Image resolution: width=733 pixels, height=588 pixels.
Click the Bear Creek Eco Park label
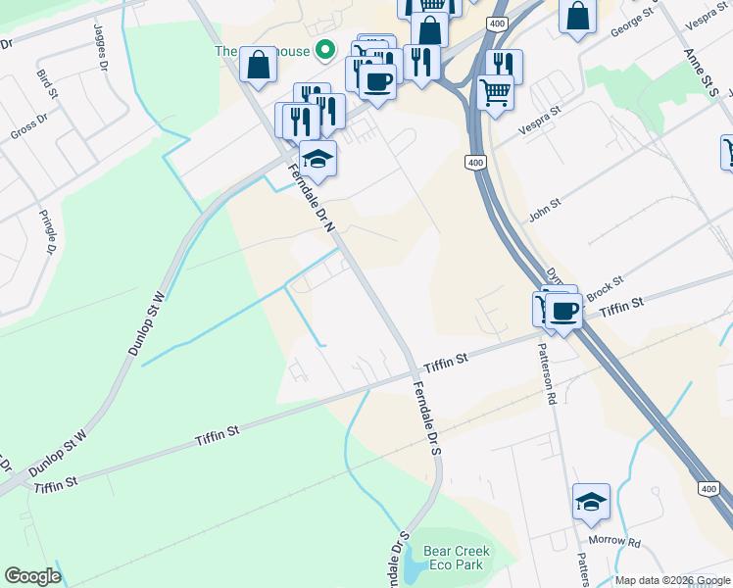pyautogui.click(x=456, y=559)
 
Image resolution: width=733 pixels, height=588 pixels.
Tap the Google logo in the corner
pyautogui.click(x=32, y=576)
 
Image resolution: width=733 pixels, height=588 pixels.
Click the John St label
pyautogui.click(x=544, y=208)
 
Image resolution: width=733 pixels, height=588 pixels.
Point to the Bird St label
pyautogui.click(x=44, y=82)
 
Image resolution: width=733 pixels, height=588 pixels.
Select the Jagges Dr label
pyautogui.click(x=101, y=47)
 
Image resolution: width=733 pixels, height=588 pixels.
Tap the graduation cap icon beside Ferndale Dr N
pyautogui.click(x=318, y=157)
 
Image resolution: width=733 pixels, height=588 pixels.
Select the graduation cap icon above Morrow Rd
pyautogui.click(x=591, y=501)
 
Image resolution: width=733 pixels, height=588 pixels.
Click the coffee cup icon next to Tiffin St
pyautogui.click(x=563, y=311)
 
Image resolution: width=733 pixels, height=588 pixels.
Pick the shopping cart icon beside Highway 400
pyautogui.click(x=495, y=93)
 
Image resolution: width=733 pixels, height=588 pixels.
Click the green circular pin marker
pyautogui.click(x=329, y=50)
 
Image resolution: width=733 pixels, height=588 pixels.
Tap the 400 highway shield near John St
pyautogui.click(x=476, y=161)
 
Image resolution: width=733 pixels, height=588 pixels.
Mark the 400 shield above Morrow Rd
pyautogui.click(x=708, y=487)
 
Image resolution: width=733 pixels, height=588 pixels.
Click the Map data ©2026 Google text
pyautogui.click(x=672, y=580)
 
